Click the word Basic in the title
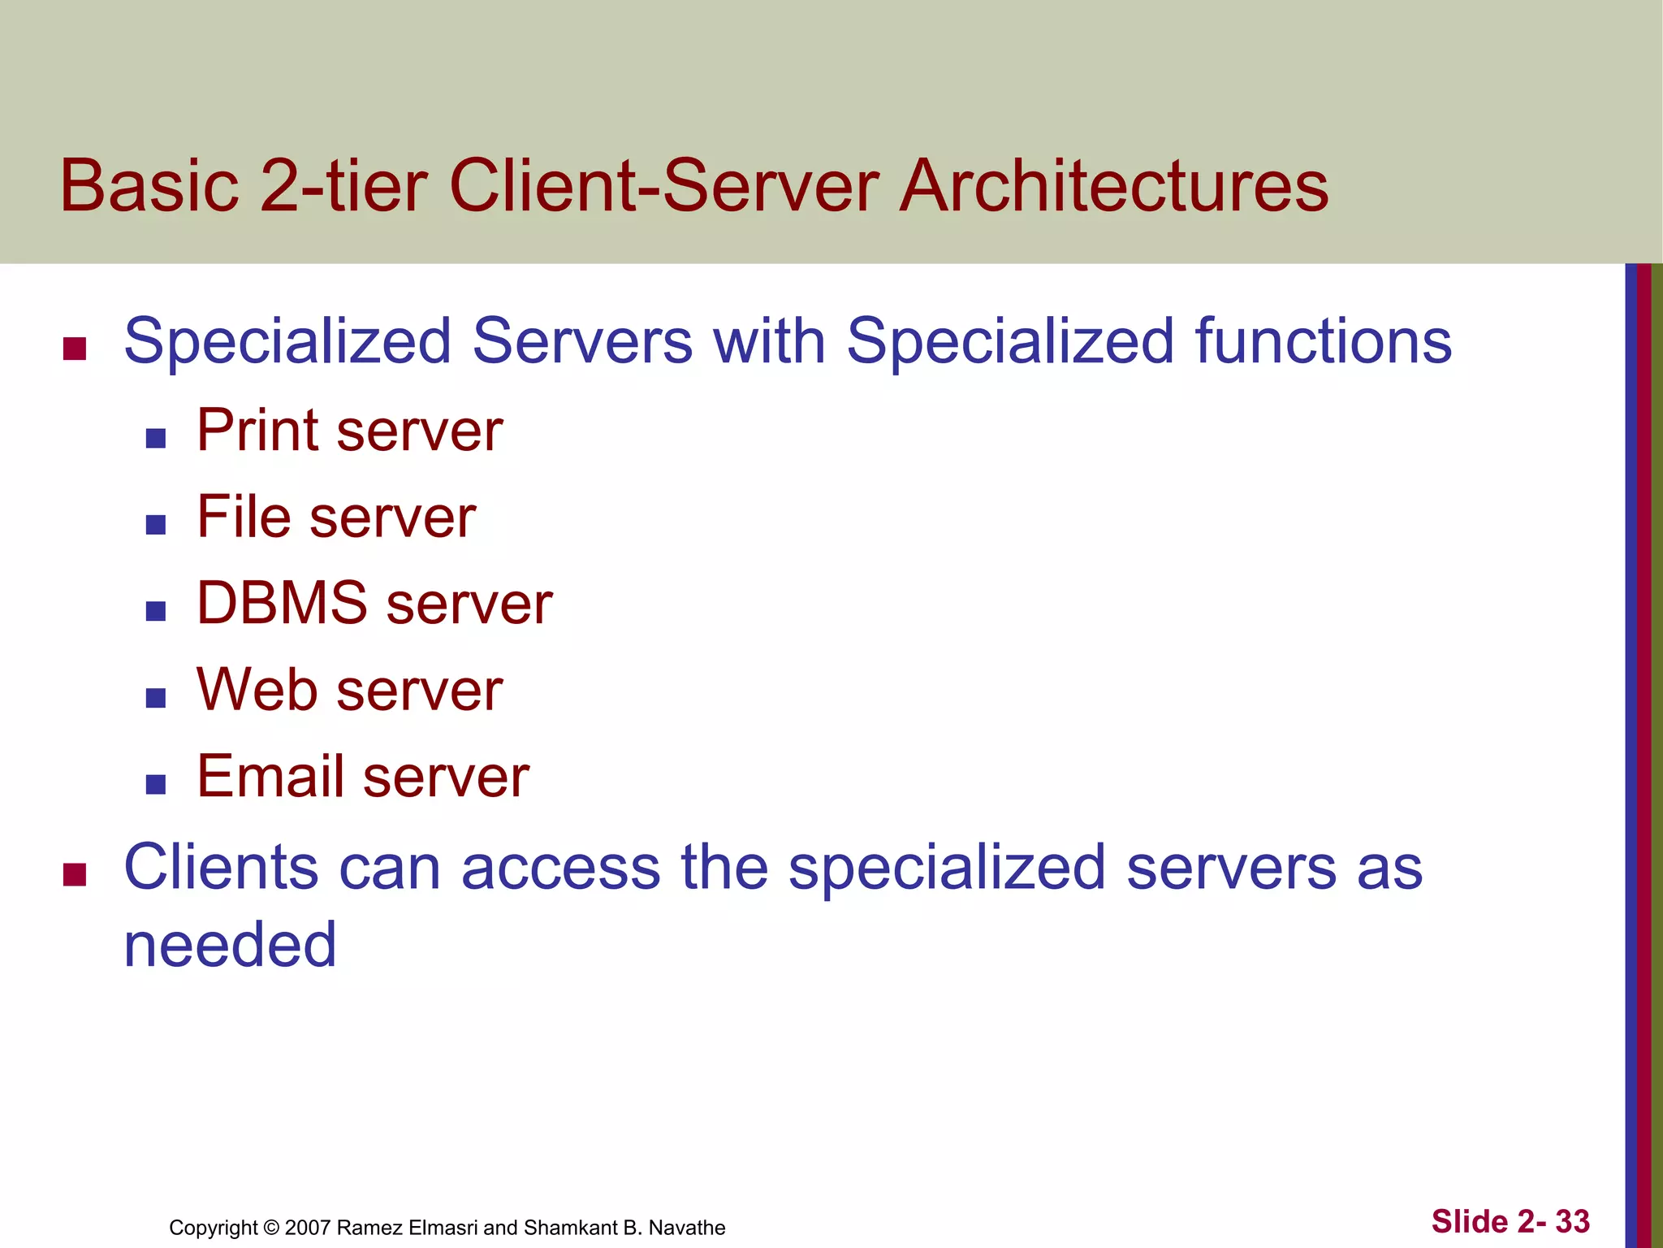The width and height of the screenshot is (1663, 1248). pyautogui.click(x=149, y=186)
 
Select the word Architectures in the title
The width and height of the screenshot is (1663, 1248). pyautogui.click(x=1113, y=186)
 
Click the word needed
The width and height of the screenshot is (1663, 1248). pyautogui.click(x=230, y=945)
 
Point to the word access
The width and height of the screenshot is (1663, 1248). pyautogui.click(x=561, y=867)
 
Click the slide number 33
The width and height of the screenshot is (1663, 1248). pyautogui.click(x=1572, y=1221)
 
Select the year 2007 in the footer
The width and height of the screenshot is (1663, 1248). pyautogui.click(x=307, y=1228)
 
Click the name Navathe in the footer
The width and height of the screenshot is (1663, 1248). pyautogui.click(x=687, y=1228)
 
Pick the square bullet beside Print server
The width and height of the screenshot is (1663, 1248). pyautogui.click(x=156, y=439)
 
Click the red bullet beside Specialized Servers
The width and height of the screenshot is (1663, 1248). pyautogui.click(x=75, y=349)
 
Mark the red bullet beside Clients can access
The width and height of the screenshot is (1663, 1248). pyautogui.click(x=75, y=875)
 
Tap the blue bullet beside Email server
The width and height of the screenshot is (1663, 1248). pyautogui.click(x=156, y=784)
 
